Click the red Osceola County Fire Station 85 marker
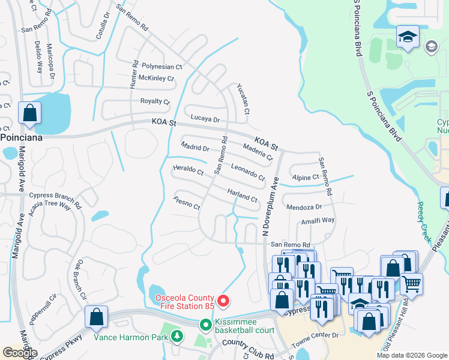pyautogui.click(x=224, y=300)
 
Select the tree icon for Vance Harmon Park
pyautogui.click(x=177, y=336)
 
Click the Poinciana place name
pyautogui.click(x=24, y=136)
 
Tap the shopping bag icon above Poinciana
pyautogui.click(x=29, y=113)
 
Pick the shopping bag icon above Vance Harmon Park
pyautogui.click(x=96, y=317)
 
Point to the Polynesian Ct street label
pyautogui.click(x=161, y=67)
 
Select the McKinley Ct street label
pyautogui.click(x=156, y=79)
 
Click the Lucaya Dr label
pyautogui.click(x=205, y=119)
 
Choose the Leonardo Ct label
pyautogui.click(x=247, y=173)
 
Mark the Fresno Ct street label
pyautogui.click(x=186, y=202)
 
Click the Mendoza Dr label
pyautogui.click(x=304, y=207)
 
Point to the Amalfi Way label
pyautogui.click(x=318, y=220)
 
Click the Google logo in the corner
pyautogui.click(x=20, y=353)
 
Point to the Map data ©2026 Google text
pyautogui.click(x=412, y=355)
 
